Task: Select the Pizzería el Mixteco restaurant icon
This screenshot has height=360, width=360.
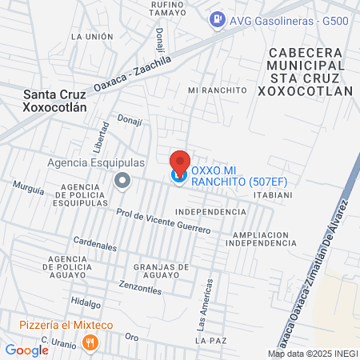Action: [x=90, y=343]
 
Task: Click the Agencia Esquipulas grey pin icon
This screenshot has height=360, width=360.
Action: [x=122, y=180]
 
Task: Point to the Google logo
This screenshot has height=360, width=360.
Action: [x=26, y=350]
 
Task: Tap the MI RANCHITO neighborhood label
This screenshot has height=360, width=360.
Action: [x=217, y=90]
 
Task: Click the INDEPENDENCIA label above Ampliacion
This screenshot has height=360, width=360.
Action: [x=210, y=212]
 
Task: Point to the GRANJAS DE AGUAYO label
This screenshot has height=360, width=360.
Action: [x=162, y=271]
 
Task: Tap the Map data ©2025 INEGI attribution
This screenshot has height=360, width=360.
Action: [x=313, y=354]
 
